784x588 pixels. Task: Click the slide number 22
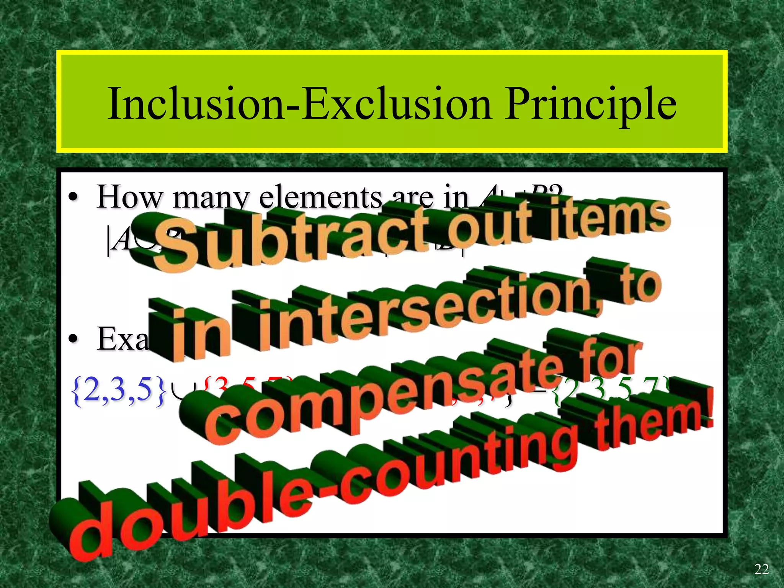point(761,569)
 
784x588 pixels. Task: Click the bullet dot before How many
point(73,198)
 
